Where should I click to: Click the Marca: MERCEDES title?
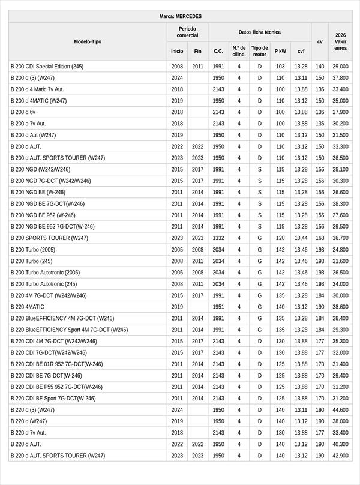coord(180,16)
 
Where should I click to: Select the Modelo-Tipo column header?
coord(88,41)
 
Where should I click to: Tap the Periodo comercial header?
coord(187,32)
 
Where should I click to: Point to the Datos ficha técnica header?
coord(259,32)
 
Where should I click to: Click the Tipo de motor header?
coord(260,51)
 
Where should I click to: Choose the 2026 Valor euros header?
coord(340,41)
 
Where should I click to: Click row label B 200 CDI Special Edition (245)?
coord(47,67)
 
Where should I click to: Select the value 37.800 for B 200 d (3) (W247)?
coord(340,78)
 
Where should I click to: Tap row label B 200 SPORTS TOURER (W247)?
coord(49,238)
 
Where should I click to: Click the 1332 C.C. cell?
coord(218,238)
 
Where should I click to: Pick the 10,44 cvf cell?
coord(301,238)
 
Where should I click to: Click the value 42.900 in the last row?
coord(340,456)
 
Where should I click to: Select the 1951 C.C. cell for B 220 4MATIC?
coord(218,307)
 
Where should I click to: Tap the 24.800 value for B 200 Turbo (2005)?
coord(340,250)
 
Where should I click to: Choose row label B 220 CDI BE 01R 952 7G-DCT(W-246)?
coord(56,364)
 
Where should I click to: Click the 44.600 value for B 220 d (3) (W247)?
coord(340,410)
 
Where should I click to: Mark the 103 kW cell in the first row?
coord(280,67)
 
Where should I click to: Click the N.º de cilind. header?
coord(239,51)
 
